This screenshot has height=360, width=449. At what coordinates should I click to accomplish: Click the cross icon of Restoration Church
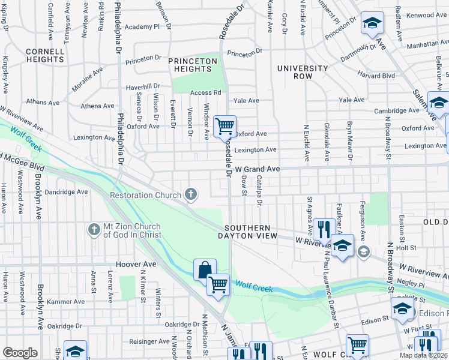pyautogui.click(x=191, y=194)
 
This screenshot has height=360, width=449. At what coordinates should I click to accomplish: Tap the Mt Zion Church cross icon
pyautogui.click(x=93, y=229)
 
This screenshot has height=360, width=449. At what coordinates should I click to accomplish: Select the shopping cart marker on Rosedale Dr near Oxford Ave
pyautogui.click(x=224, y=126)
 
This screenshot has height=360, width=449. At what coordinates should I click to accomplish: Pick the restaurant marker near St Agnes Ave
pyautogui.click(x=324, y=228)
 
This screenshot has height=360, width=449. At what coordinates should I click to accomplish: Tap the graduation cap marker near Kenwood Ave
pyautogui.click(x=372, y=23)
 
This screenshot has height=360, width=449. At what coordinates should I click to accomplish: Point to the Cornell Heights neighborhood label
pyautogui.click(x=45, y=55)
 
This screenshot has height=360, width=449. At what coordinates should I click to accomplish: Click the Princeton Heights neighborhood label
pyautogui.click(x=192, y=65)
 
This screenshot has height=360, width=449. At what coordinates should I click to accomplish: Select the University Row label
pyautogui.click(x=303, y=73)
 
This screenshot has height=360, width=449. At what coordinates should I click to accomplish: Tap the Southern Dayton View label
pyautogui.click(x=251, y=232)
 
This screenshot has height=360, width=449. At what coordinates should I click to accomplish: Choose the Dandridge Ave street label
pyautogui.click(x=67, y=192)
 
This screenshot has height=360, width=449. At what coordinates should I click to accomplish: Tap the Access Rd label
pyautogui.click(x=206, y=93)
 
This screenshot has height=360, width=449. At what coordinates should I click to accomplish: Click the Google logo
pyautogui.click(x=20, y=353)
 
